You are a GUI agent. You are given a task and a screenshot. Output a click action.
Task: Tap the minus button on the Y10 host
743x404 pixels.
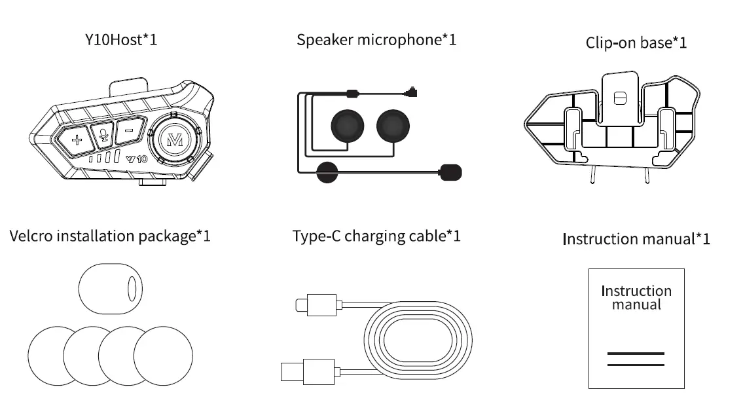click(x=129, y=131)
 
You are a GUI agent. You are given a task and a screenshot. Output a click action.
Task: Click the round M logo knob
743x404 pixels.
click(x=174, y=138)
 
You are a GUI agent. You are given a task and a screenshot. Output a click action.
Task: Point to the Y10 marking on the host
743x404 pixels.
click(x=137, y=158)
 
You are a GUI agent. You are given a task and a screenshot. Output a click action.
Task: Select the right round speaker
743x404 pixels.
click(x=395, y=126)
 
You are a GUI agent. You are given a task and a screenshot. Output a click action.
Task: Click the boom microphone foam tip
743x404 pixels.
click(x=452, y=172)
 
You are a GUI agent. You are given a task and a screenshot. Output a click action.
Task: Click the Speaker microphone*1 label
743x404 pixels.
click(x=376, y=40)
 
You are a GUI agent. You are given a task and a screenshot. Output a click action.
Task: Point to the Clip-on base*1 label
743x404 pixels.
click(x=636, y=43)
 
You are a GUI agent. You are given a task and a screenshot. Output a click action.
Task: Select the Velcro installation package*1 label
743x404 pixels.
click(x=110, y=235)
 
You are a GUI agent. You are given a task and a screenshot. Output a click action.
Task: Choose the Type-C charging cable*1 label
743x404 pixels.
click(x=376, y=236)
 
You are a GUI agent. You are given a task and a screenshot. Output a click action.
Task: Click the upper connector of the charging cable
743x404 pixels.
click(x=317, y=304)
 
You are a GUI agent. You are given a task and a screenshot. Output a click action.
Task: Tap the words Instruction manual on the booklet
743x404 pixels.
click(x=636, y=297)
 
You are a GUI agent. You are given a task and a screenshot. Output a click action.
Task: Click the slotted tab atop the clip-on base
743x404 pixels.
click(x=619, y=98)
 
